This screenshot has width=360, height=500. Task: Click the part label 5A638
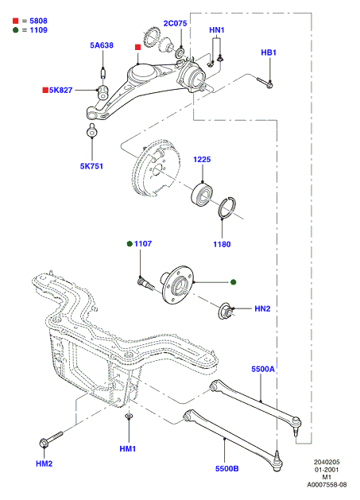(102, 45)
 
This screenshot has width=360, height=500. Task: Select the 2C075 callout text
(175, 23)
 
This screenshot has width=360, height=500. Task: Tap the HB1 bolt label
(269, 52)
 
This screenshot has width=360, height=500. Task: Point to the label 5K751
(91, 166)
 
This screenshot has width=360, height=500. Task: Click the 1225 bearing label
(202, 159)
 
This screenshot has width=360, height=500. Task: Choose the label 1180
(222, 244)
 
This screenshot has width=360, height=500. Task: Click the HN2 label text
(262, 308)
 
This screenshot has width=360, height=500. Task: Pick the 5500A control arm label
(263, 369)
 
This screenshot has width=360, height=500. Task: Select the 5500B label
(227, 468)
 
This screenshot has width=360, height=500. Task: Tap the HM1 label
(128, 448)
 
